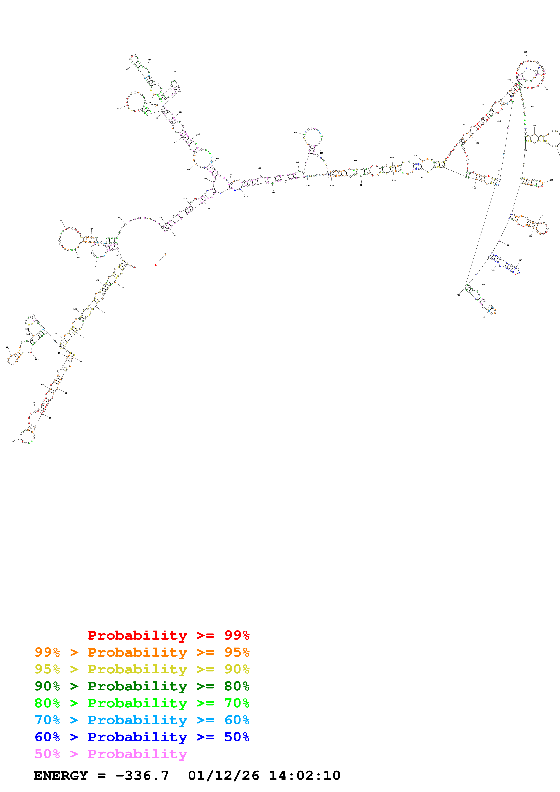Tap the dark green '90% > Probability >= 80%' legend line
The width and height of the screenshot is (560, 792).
click(x=142, y=686)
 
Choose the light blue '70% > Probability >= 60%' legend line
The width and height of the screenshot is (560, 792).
click(x=142, y=720)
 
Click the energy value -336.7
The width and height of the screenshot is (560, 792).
click(x=142, y=776)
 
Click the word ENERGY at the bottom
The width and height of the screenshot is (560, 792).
click(x=61, y=776)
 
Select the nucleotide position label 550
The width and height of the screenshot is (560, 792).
click(x=525, y=52)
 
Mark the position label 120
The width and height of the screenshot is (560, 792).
click(x=8, y=347)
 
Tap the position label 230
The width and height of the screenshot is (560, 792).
click(x=61, y=221)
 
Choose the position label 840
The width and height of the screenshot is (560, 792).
click(x=308, y=186)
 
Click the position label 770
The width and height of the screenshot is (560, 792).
click(x=483, y=318)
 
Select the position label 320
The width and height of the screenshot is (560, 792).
click(x=119, y=109)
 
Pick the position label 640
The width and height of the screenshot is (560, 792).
click(x=533, y=107)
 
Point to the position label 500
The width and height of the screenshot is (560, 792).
click(x=415, y=156)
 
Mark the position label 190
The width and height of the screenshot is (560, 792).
click(x=95, y=266)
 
